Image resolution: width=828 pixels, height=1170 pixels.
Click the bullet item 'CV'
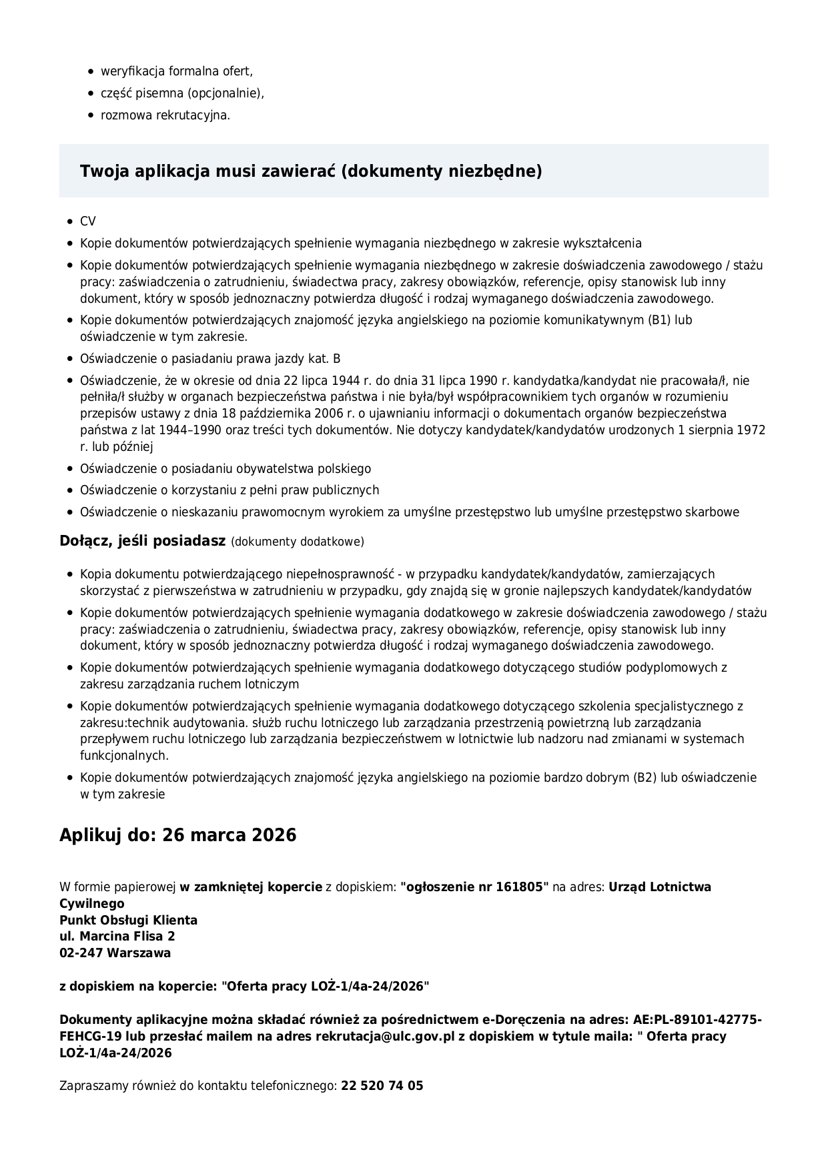(x=88, y=221)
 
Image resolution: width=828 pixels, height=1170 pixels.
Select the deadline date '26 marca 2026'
(x=230, y=835)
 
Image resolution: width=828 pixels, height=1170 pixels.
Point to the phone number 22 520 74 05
(x=382, y=1086)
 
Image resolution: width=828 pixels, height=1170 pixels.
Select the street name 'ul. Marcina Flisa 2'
(x=117, y=937)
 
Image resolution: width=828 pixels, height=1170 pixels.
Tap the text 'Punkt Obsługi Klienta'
(x=128, y=921)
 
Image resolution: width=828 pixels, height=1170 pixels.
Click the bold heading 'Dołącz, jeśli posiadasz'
(x=143, y=541)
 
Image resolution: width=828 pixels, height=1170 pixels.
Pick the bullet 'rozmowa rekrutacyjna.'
(x=165, y=115)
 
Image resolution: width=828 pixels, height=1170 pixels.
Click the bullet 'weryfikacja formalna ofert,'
(x=177, y=71)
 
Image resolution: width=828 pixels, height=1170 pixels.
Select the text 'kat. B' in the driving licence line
(x=324, y=359)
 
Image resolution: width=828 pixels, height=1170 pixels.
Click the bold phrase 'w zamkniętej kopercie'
(x=251, y=887)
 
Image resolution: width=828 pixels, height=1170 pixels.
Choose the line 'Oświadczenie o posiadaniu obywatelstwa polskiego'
(x=226, y=469)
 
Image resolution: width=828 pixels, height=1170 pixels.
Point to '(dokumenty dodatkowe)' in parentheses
(x=298, y=542)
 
